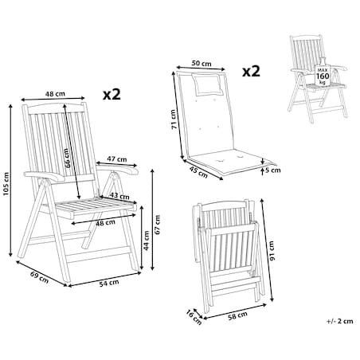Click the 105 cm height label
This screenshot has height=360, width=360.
6,184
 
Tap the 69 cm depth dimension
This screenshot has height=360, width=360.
39,277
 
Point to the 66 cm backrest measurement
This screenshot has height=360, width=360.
68,158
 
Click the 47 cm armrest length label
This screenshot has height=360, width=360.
117,159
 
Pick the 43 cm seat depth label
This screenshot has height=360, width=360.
119,196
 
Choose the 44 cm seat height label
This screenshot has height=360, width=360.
147,241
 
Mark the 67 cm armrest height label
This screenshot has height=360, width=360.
158,225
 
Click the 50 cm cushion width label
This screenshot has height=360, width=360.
202,64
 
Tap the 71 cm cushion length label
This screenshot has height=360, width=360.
174,119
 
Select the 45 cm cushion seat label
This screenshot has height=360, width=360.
198,172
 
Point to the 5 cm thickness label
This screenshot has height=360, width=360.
273,170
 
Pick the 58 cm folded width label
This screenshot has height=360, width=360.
238,315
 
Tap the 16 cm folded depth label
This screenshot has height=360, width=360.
194,317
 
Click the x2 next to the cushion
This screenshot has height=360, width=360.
251,71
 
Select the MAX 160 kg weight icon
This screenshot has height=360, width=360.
323,74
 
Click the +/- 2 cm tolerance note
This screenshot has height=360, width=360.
340,321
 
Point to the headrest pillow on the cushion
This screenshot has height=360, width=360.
207,84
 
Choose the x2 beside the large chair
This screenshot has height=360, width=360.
112,94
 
